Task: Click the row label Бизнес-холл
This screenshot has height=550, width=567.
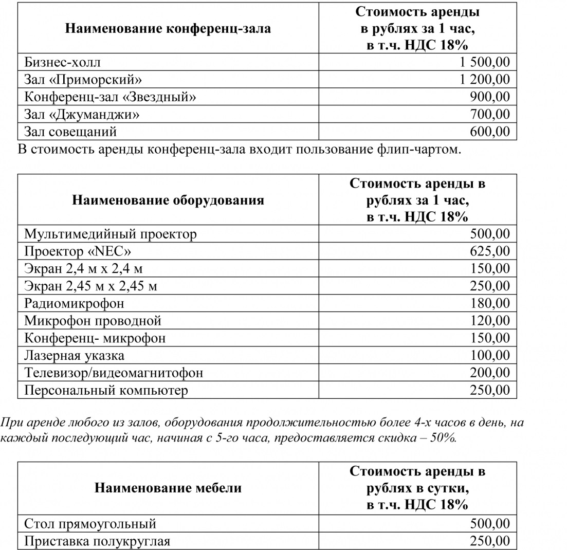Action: click(62, 62)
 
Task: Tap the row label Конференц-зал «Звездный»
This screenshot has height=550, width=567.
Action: click(110, 97)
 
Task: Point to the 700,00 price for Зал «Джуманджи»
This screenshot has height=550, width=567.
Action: click(490, 114)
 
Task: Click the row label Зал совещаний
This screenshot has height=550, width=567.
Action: click(70, 132)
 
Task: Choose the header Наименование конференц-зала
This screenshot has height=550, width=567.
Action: click(168, 28)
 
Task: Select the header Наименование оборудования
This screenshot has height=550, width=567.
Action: click(168, 200)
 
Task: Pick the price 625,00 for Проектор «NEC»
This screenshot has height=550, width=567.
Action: click(490, 251)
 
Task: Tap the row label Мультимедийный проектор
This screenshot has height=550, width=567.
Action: click(111, 234)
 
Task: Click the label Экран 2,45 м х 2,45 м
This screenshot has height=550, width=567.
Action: click(90, 286)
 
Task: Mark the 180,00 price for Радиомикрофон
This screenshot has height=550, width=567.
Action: click(490, 303)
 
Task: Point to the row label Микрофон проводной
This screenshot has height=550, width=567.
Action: click(93, 321)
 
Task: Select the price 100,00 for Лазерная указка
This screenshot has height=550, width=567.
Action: click(490, 355)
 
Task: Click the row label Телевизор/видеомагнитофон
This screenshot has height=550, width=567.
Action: click(114, 373)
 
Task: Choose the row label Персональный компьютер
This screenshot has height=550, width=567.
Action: click(106, 390)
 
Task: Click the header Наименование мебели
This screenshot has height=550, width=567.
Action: click(168, 487)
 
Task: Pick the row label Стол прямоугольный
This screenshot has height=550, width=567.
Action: click(90, 524)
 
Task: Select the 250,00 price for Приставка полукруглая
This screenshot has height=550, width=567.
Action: click(490, 541)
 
